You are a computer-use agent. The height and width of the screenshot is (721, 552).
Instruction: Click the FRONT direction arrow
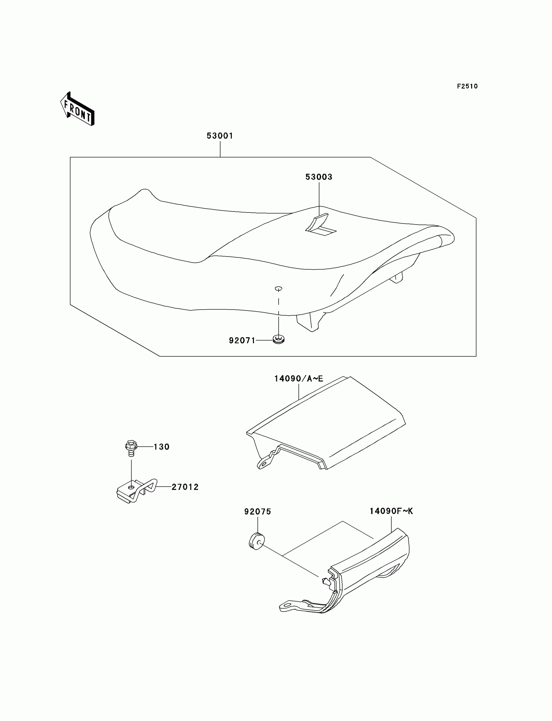(78, 110)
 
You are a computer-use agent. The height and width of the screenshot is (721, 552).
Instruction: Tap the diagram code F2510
(467, 86)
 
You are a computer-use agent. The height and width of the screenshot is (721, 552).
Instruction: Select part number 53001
(220, 136)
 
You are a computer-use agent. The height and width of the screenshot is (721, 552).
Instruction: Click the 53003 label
(319, 177)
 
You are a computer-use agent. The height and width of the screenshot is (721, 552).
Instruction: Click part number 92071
(242, 341)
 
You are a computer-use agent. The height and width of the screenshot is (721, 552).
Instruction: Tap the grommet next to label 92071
(278, 339)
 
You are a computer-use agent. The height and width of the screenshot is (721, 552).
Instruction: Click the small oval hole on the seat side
(278, 288)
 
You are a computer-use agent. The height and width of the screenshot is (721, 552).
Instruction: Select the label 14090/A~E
(299, 379)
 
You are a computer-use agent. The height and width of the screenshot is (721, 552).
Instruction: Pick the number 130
(161, 447)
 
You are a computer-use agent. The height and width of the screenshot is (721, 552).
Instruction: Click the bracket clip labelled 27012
(136, 490)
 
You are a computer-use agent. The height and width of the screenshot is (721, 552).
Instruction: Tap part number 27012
(185, 487)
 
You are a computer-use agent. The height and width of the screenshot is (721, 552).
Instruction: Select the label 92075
(257, 511)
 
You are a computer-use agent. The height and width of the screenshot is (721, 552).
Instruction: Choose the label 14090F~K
(391, 511)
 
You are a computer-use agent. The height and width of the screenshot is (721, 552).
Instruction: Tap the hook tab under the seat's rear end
(398, 278)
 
